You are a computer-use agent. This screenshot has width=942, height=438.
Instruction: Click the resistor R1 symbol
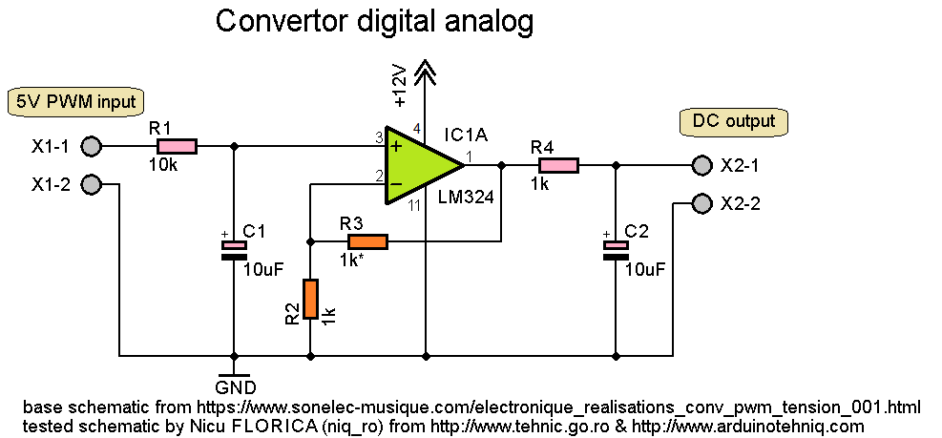(177, 146)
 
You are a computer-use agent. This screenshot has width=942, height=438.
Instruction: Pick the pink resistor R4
(558, 165)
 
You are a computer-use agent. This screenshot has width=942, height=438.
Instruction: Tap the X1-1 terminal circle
(91, 146)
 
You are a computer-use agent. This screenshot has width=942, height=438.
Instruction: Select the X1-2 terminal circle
(91, 184)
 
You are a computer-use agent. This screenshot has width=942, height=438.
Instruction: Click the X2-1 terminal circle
(701, 165)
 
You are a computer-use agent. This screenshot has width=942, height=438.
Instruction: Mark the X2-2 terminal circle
(701, 203)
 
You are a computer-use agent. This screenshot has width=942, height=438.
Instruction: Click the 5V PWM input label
(73, 101)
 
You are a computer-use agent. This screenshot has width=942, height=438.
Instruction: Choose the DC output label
(733, 121)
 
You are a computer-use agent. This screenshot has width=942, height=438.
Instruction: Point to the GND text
(235, 387)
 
